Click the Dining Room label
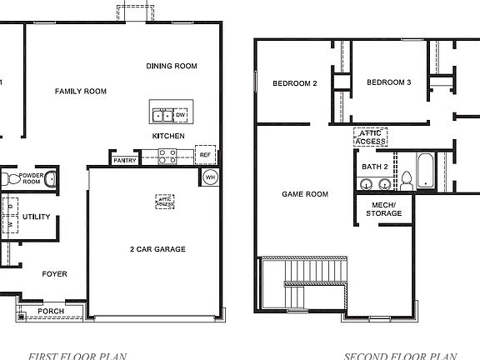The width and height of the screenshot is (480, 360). pos(171,67)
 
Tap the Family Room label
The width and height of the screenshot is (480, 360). pos(81,92)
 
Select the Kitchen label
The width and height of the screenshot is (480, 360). pos(168,136)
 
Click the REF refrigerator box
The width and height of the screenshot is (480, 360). pos(205,155)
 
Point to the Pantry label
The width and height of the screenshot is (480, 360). pos(124,160)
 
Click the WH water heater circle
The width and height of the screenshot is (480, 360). pos(210,177)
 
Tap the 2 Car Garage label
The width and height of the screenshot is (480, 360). pos(157,249)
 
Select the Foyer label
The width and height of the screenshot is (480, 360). pos(55,273)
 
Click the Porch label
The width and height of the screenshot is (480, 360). pos(51,312)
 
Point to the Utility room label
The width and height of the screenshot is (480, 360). pos(37,217)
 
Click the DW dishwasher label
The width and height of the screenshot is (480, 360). pos(180,114)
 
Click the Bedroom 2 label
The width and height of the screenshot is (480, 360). pos(295,82)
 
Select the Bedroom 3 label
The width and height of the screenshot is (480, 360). pos(389,82)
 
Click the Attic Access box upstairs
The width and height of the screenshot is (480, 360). pos(371,137)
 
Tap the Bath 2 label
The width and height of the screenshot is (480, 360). pos(375,167)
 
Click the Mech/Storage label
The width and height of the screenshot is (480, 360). pos(383,209)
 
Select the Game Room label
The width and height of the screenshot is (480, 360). pos(304,194)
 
